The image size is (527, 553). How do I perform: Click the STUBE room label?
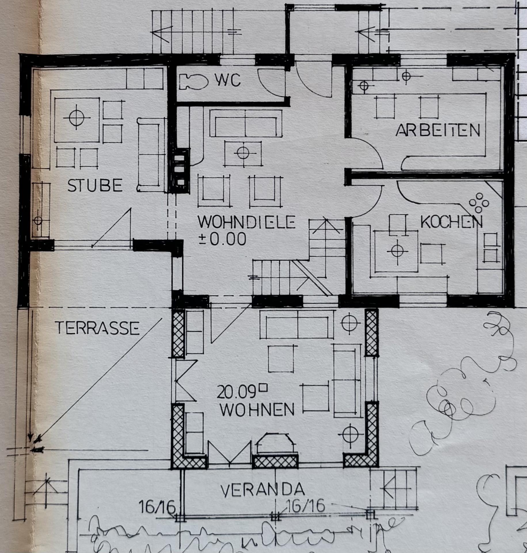pyautogui.click(x=95, y=185)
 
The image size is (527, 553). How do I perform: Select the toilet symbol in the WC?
pyautogui.click(x=193, y=82)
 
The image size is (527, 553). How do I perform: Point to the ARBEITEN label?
pyautogui.click(x=438, y=130)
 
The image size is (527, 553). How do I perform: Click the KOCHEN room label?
pyautogui.click(x=451, y=222)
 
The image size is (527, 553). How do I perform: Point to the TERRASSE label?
pyautogui.click(x=97, y=328)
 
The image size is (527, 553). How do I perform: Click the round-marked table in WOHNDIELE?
pyautogui.click(x=243, y=153)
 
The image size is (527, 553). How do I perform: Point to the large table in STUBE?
pyautogui.click(x=77, y=120)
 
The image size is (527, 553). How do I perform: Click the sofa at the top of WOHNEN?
pyautogui.click(x=297, y=324)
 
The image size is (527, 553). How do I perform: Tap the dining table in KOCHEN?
pyautogui.click(x=396, y=251)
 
